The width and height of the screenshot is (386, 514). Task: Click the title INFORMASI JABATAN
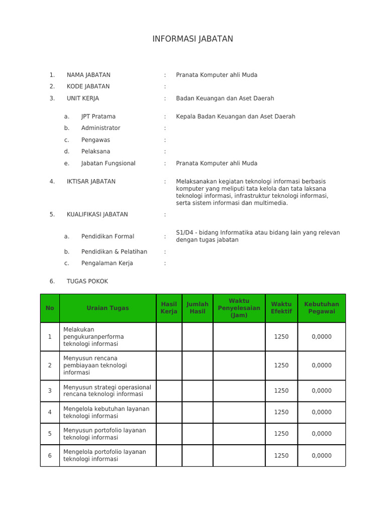[192, 39]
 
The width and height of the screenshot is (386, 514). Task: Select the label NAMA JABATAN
[88, 75]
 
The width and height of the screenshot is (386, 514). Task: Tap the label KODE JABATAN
[88, 86]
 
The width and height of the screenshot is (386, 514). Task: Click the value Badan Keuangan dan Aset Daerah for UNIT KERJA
[225, 98]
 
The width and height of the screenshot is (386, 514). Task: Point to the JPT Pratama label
[98, 116]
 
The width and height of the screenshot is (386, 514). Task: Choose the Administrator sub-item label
[101, 128]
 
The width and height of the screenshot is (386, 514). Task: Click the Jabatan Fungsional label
[108, 163]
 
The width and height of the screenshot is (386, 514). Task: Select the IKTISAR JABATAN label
[91, 182]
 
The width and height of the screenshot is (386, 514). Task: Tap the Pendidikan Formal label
[108, 236]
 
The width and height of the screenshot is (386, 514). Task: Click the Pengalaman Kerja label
[107, 263]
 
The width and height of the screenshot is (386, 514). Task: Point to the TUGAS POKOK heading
[87, 281]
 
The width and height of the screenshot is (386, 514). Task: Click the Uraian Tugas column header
[108, 308]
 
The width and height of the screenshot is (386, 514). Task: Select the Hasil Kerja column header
[169, 308]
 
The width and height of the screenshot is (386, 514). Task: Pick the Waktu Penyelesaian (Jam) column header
[239, 308]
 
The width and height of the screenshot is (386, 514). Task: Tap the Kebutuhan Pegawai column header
[321, 308]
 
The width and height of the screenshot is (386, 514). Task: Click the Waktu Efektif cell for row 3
[281, 391]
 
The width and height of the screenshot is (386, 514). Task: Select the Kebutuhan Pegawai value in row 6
[321, 456]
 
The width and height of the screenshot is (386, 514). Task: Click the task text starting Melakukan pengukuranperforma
[93, 337]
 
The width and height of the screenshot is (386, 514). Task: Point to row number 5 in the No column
[50, 434]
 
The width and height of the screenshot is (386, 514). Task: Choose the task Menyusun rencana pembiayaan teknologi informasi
[95, 365]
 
